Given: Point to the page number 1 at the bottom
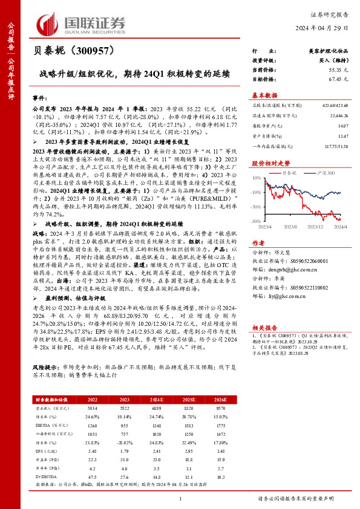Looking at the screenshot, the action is (180, 498).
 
